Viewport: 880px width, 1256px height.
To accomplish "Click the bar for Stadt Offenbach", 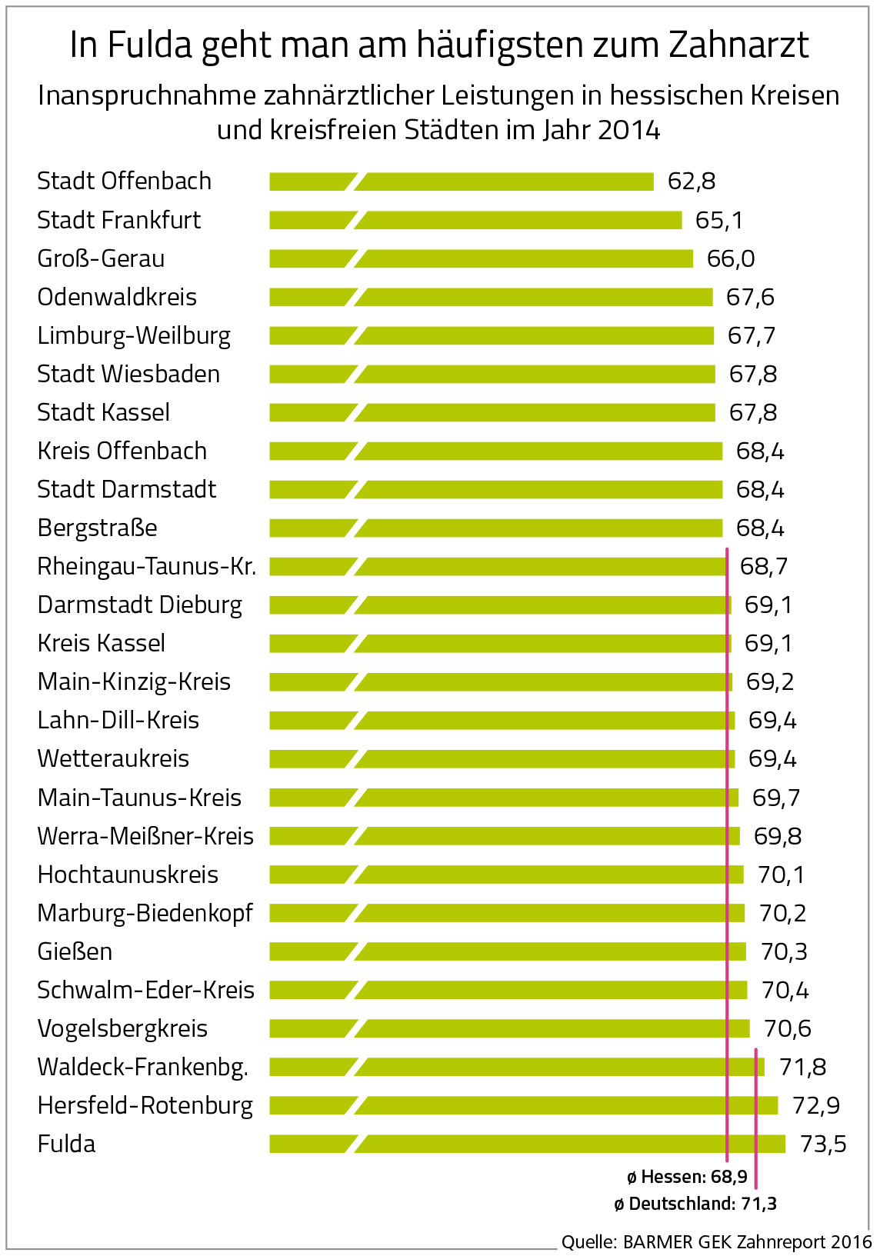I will click(x=462, y=182).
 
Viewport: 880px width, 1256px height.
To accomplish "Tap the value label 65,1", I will click(x=719, y=221).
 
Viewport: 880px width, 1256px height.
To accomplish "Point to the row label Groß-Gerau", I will click(x=101, y=258).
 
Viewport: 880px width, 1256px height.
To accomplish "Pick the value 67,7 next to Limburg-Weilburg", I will click(x=752, y=336).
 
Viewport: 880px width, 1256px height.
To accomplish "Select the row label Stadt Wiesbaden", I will click(x=128, y=374).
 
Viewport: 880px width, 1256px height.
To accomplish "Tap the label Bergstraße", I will click(x=97, y=528).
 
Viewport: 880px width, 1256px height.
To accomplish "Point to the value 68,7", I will click(x=764, y=567).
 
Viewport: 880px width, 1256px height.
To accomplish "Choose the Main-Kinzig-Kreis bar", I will click(x=501, y=681).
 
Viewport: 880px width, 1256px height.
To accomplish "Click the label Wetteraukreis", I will click(x=113, y=759).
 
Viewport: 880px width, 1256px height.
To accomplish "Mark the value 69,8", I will click(x=778, y=836).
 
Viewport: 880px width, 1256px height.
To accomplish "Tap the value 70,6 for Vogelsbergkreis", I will click(x=788, y=1028).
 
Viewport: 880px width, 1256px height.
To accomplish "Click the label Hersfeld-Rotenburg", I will click(x=145, y=1105).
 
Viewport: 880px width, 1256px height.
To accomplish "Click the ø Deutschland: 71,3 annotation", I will click(x=695, y=1204).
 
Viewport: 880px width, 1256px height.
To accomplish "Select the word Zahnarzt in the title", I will click(x=738, y=45).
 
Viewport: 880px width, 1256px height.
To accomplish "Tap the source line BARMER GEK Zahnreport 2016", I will click(x=716, y=1241).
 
